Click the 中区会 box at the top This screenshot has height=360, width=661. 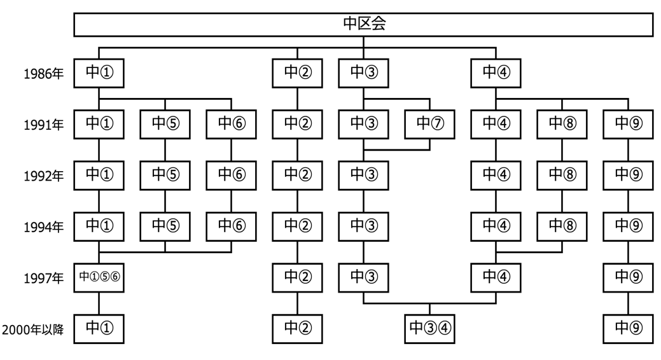[x=363, y=24]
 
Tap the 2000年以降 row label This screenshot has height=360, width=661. [x=32, y=329]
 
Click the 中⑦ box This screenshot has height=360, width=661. [x=429, y=123]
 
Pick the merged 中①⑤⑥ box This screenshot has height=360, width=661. [x=99, y=277]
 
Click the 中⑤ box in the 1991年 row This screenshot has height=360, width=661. [x=165, y=123]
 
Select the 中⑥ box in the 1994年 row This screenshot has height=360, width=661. [x=230, y=226]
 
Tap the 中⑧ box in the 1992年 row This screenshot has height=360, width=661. [x=562, y=175]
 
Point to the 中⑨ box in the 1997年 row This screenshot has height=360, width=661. [x=628, y=277]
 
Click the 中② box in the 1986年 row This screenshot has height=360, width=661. [x=297, y=73]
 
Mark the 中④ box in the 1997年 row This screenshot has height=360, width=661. [x=496, y=277]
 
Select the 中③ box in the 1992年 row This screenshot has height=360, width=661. [x=363, y=175]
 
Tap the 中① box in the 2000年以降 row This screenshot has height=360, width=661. [x=99, y=328]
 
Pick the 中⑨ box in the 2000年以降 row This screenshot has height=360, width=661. [x=628, y=328]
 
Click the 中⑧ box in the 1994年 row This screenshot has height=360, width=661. [x=562, y=226]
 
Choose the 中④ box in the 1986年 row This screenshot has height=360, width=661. [x=496, y=73]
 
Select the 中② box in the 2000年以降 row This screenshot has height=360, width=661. [x=297, y=328]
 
